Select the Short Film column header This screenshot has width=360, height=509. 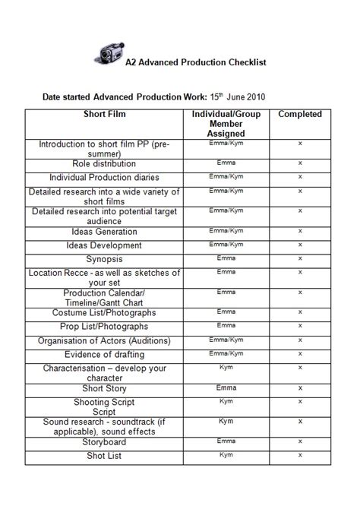click(104, 115)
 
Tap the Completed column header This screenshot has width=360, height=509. click(300, 115)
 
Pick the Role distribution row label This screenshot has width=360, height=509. click(104, 163)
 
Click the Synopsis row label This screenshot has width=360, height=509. click(104, 259)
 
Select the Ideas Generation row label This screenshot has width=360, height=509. click(104, 232)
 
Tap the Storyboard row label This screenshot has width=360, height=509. click(104, 442)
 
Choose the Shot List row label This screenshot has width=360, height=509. click(104, 456)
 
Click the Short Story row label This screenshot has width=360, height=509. click(104, 388)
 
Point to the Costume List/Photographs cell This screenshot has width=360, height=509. click(104, 312)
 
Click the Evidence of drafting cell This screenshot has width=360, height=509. click(104, 355)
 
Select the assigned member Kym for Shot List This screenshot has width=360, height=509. click(226, 454)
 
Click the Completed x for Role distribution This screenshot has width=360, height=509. click(300, 163)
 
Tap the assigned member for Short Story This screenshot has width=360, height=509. click(226, 387)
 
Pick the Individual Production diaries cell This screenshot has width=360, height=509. click(104, 177)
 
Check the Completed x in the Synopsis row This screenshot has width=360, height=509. click(300, 258)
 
